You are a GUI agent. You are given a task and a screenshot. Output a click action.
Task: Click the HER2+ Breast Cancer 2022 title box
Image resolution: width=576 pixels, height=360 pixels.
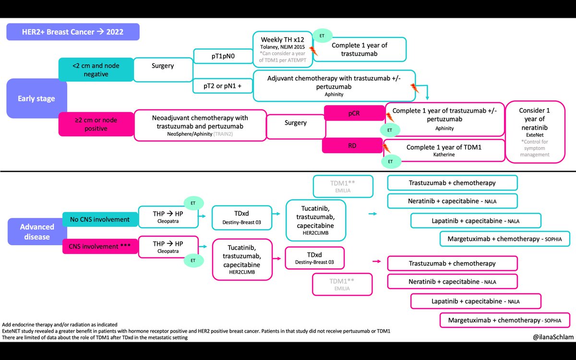point(72,32)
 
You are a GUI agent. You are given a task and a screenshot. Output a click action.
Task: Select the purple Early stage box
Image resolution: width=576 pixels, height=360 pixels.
point(36,98)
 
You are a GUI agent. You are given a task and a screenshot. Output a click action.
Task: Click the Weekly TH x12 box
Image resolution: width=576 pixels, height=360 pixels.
point(282,49)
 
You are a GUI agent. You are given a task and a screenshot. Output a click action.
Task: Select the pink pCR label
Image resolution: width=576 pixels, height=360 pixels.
point(354,113)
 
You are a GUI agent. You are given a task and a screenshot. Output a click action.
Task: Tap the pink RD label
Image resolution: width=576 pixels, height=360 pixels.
point(354,145)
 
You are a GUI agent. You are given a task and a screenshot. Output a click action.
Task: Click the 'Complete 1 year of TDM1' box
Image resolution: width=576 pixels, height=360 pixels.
point(444,150)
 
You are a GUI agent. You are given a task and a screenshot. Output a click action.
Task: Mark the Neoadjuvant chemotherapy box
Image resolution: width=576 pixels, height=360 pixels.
point(200,125)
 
